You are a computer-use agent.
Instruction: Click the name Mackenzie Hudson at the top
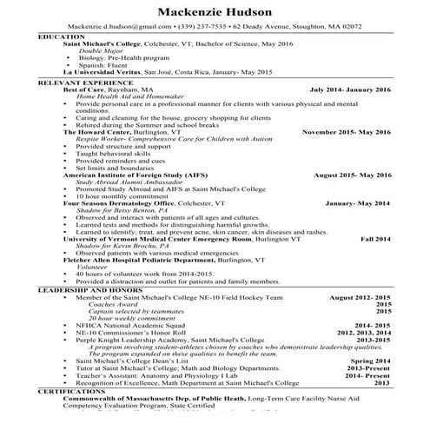point(215,11)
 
